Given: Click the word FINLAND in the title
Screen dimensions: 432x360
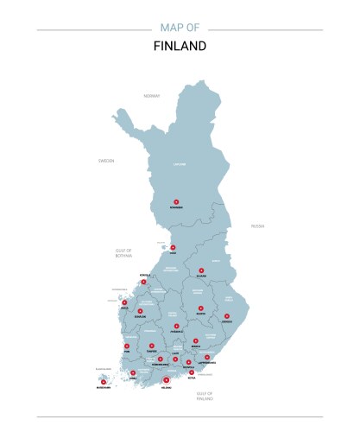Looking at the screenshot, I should pyautogui.click(x=180, y=46).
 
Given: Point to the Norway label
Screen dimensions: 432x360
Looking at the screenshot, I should pyautogui.click(x=152, y=95).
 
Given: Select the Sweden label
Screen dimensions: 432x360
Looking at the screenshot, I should pyautogui.click(x=106, y=161).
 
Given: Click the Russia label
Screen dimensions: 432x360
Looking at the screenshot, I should pyautogui.click(x=257, y=226).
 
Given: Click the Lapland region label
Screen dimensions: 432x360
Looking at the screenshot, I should pyautogui.click(x=180, y=162).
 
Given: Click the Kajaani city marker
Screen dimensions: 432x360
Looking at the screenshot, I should pyautogui.click(x=200, y=271).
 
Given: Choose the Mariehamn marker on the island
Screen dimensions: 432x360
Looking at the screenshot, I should pyautogui.click(x=103, y=381).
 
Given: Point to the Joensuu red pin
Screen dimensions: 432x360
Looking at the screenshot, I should pyautogui.click(x=227, y=316).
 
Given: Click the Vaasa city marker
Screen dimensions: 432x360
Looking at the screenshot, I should pyautogui.click(x=124, y=302).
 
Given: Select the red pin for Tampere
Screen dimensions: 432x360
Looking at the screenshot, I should pyautogui.click(x=151, y=346).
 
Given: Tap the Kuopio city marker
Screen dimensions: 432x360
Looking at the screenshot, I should pyautogui.click(x=200, y=308).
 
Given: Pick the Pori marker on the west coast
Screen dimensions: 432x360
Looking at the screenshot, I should pyautogui.click(x=127, y=346).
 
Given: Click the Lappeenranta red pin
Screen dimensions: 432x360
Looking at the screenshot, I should pyautogui.click(x=207, y=357).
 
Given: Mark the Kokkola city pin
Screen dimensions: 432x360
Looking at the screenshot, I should pyautogui.click(x=144, y=281).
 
